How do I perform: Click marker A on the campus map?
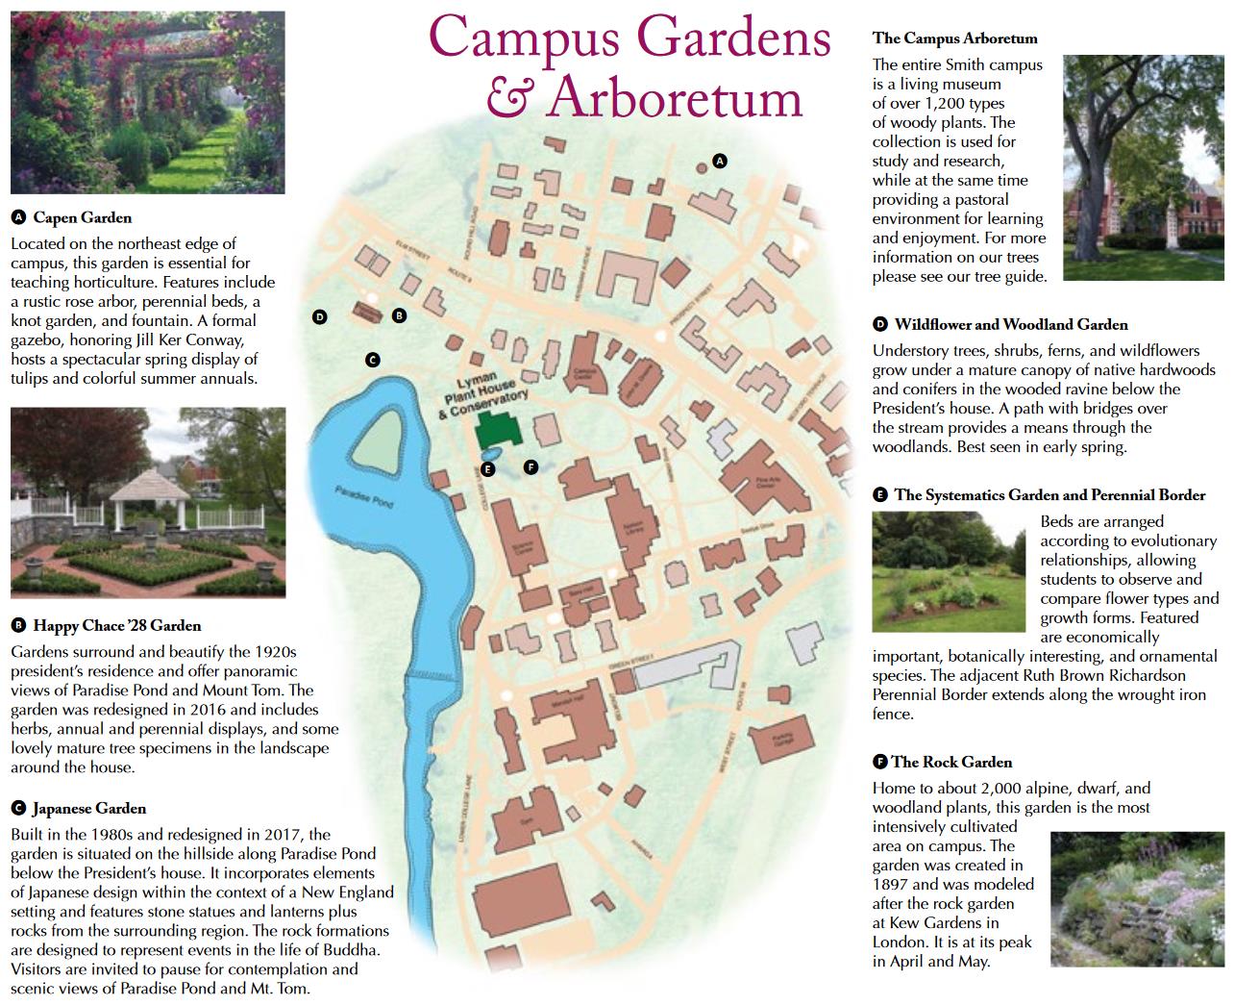point(719,161)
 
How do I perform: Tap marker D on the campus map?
point(320,316)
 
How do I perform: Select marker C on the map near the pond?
point(373,361)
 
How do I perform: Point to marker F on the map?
point(531,467)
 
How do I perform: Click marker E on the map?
point(487,469)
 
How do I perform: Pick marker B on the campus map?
point(399,314)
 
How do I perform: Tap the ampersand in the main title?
point(505,97)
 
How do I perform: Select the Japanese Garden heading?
point(88,809)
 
